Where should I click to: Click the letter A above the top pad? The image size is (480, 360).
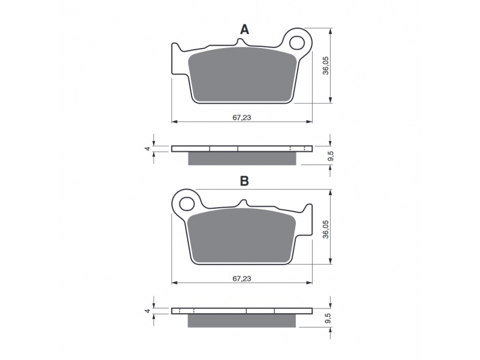coord(244,29)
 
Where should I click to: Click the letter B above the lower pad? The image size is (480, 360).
coord(244,181)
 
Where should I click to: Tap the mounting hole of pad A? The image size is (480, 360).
coord(297,43)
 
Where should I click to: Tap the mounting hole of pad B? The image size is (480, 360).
coord(187,204)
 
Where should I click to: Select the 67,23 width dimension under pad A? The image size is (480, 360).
coord(242,118)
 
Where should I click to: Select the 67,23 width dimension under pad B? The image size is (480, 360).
coord(242,278)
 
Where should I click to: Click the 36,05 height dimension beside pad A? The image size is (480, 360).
coord(325,65)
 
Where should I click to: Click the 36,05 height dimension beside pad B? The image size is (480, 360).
coord(325,229)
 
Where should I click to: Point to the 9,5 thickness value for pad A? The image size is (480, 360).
coord(331,156)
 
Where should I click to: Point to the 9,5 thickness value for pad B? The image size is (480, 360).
coord(328,319)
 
